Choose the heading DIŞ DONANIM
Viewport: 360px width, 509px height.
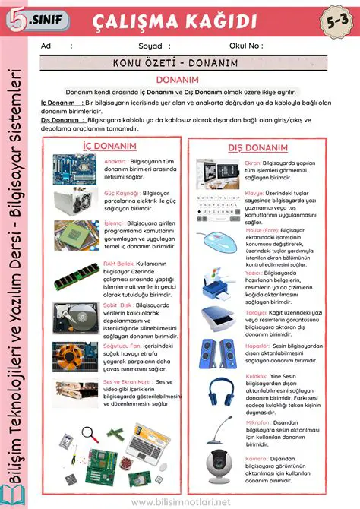coord(258,147)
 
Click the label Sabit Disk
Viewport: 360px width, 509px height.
coord(118,305)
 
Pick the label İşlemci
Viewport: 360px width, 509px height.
coord(114,223)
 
